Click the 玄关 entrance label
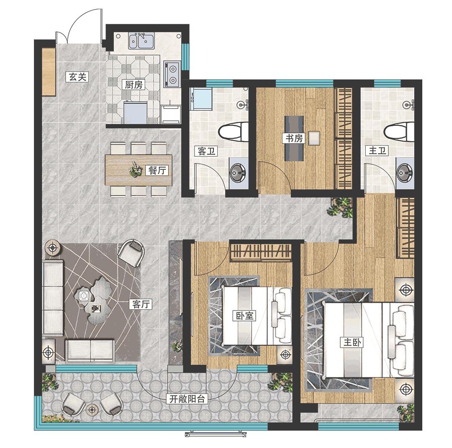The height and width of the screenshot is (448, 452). [77, 77]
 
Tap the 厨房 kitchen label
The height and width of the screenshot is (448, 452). [134, 85]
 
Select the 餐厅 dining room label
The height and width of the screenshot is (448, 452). [157, 170]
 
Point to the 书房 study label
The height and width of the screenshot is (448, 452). [294, 138]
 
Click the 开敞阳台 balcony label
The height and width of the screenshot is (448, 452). [187, 399]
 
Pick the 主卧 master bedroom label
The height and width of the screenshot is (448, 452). [352, 342]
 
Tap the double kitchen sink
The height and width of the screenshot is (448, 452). [141, 41]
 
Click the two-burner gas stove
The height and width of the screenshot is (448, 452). [172, 74]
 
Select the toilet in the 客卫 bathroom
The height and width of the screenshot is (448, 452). [234, 132]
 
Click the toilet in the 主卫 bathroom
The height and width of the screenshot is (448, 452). [399, 132]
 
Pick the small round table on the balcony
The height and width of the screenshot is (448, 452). [92, 409]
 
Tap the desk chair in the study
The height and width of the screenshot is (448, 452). [314, 138]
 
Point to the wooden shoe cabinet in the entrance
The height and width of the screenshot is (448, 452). [49, 72]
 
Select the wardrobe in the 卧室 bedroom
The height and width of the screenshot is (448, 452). [261, 252]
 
